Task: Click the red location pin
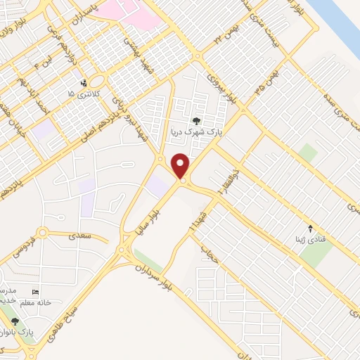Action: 181,166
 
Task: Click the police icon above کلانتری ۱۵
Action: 84,83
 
